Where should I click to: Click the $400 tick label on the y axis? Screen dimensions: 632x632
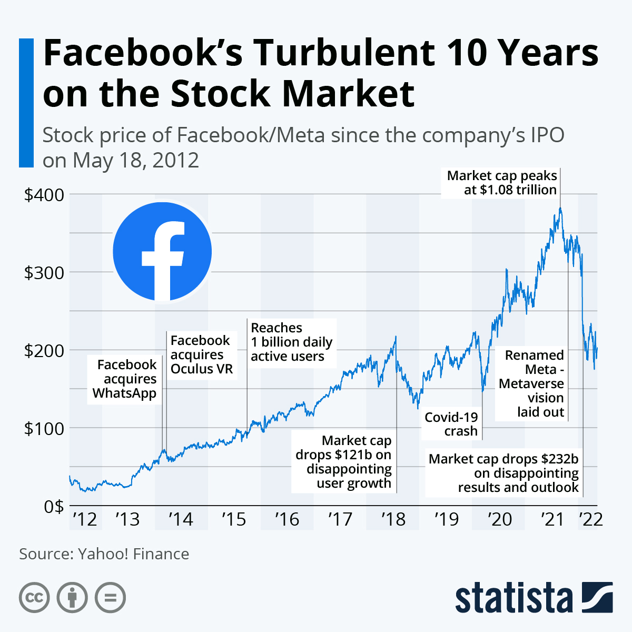(x=44, y=195)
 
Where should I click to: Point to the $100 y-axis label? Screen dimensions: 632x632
(x=44, y=428)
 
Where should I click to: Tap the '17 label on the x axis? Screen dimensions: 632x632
(x=340, y=519)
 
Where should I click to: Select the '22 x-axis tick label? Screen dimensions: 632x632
(x=590, y=519)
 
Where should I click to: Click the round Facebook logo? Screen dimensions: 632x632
(x=162, y=252)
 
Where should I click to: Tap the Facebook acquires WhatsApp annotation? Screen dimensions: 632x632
(x=125, y=379)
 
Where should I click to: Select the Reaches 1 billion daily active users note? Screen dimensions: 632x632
(x=291, y=342)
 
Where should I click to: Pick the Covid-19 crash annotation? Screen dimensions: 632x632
(x=451, y=424)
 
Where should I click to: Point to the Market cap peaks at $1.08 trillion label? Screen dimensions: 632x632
(x=502, y=183)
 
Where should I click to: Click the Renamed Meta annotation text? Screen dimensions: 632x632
(x=532, y=383)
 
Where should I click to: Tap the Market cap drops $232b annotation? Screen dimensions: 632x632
(x=503, y=473)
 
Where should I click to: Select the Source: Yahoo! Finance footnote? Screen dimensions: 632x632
(x=104, y=554)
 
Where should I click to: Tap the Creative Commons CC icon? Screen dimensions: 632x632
(x=34, y=598)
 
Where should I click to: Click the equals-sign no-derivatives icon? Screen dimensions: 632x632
(x=111, y=598)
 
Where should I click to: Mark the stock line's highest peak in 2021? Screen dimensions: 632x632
(x=560, y=208)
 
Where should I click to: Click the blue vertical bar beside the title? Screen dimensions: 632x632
(x=26, y=103)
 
